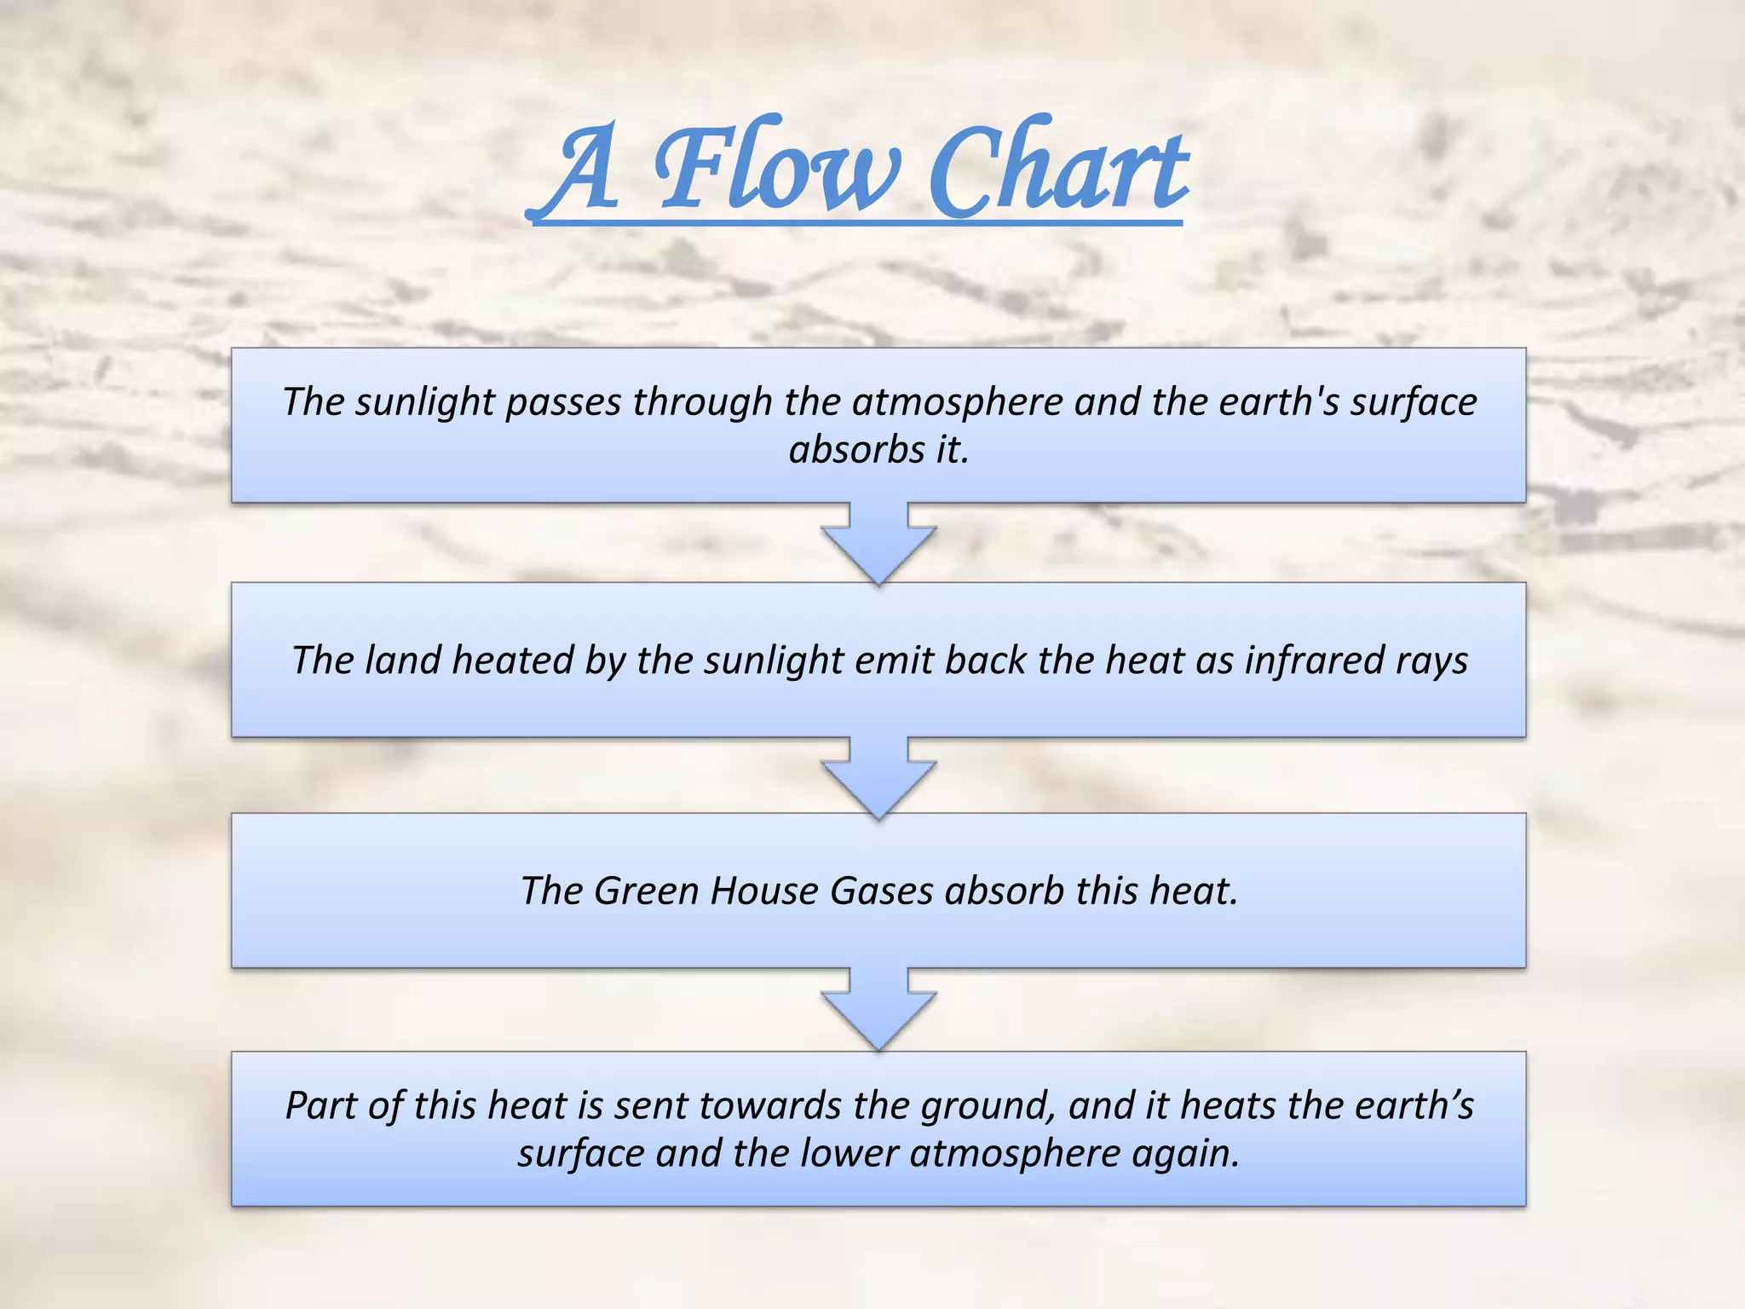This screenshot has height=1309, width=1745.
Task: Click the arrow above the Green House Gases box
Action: pos(878,776)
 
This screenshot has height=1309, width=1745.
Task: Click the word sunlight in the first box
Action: pos(425,401)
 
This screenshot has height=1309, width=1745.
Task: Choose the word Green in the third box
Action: pos(646,891)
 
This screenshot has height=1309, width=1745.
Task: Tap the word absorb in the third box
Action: pos(1005,891)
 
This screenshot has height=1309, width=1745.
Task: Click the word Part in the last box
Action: pos(317,1106)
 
